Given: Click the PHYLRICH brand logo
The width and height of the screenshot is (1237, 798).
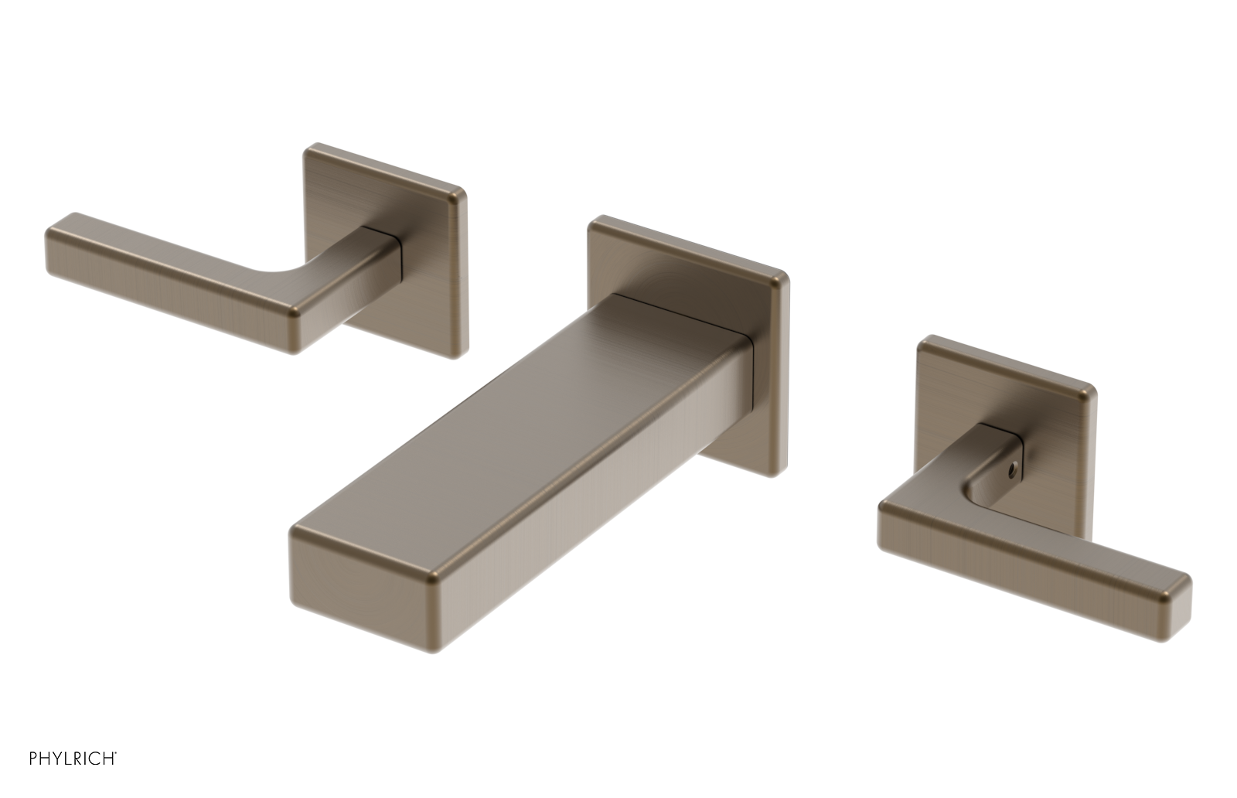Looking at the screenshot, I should (73, 758).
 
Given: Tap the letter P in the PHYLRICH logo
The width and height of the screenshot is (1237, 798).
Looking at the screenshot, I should (34, 759).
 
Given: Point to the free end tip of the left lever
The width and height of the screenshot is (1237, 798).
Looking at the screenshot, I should (58, 247).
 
